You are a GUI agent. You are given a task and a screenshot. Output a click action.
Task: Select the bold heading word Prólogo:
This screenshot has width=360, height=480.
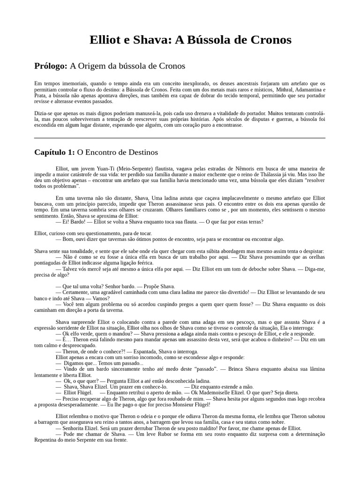(51, 66)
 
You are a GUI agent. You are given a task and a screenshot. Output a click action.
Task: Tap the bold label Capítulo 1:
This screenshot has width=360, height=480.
(54, 152)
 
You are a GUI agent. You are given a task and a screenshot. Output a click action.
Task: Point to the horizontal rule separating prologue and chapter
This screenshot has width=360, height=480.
(180, 138)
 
